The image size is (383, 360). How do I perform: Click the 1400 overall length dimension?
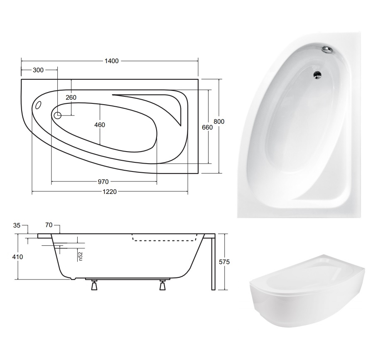tap(112, 61)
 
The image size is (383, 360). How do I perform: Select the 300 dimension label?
tap(38, 70)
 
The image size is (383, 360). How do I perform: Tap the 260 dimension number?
tap(71, 98)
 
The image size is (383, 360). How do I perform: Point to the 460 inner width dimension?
tap(100, 125)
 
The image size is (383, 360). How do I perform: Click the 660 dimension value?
tap(207, 127)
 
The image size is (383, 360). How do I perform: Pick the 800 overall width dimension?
tap(219, 121)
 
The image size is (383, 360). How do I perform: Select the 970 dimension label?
tap(103, 182)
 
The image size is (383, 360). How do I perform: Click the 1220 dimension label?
tap(110, 192)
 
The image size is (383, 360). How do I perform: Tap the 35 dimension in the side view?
tap(17, 225)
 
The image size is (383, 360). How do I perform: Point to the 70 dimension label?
tap(49, 225)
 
